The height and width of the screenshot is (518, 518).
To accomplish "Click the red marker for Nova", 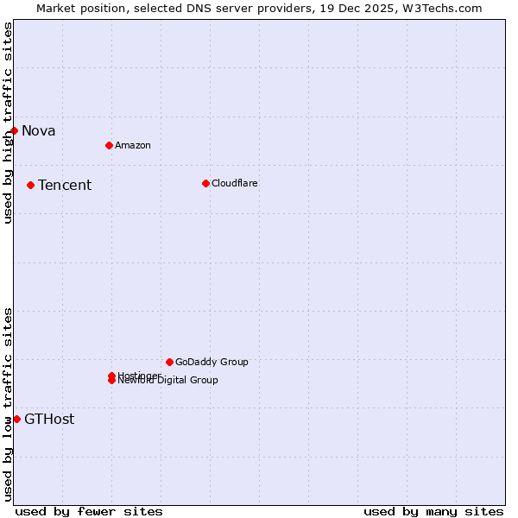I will [x=15, y=130].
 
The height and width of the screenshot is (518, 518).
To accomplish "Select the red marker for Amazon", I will [x=109, y=145].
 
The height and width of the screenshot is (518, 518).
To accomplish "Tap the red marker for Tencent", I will [x=30, y=185].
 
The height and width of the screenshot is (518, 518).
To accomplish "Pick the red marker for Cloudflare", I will [x=205, y=183].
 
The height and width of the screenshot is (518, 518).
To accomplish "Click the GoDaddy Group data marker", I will [x=169, y=362].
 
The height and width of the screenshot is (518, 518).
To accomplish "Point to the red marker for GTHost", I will [x=16, y=419].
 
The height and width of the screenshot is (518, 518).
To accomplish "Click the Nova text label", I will [x=39, y=131].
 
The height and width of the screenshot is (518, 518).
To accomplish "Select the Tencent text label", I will [x=65, y=186].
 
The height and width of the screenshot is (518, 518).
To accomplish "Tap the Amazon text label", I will [x=133, y=145].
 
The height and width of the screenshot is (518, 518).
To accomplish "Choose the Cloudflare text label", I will [x=235, y=183].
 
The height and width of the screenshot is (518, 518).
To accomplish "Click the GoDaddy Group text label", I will [x=212, y=362].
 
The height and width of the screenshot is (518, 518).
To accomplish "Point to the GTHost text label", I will [x=49, y=420].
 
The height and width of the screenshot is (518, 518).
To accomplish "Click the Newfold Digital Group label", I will [x=168, y=381].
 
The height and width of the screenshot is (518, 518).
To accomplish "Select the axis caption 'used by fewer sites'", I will [x=89, y=511].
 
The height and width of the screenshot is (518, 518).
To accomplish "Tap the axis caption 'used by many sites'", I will [x=433, y=511].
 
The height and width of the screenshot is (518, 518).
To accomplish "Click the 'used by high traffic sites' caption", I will [x=8, y=123].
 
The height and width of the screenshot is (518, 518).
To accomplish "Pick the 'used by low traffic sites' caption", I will [x=8, y=403].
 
